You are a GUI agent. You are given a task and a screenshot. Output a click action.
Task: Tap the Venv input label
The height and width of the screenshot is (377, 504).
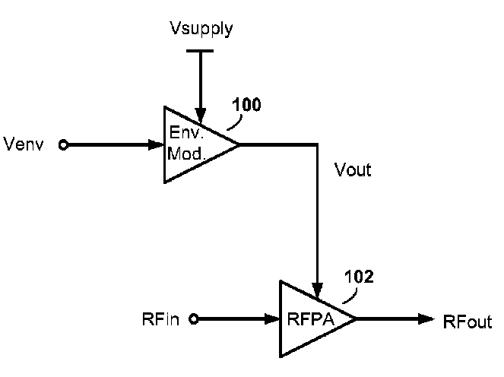pyautogui.click(x=25, y=144)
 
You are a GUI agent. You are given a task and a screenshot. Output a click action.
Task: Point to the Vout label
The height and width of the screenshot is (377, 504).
pyautogui.click(x=353, y=170)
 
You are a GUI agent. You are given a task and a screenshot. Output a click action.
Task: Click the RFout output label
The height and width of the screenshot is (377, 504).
pyautogui.click(x=468, y=322)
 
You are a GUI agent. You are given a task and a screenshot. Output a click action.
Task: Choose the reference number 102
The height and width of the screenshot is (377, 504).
pyautogui.click(x=359, y=277)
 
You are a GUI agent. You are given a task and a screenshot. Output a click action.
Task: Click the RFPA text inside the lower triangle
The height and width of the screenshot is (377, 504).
pyautogui.click(x=313, y=318)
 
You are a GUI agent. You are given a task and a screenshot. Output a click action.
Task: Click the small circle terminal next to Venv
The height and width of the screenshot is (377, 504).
pyautogui.click(x=63, y=144)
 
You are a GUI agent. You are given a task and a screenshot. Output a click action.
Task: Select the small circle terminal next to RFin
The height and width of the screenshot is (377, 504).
pyautogui.click(x=194, y=319)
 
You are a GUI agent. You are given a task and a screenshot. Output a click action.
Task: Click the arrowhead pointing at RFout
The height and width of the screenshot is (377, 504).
pyautogui.click(x=426, y=319)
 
